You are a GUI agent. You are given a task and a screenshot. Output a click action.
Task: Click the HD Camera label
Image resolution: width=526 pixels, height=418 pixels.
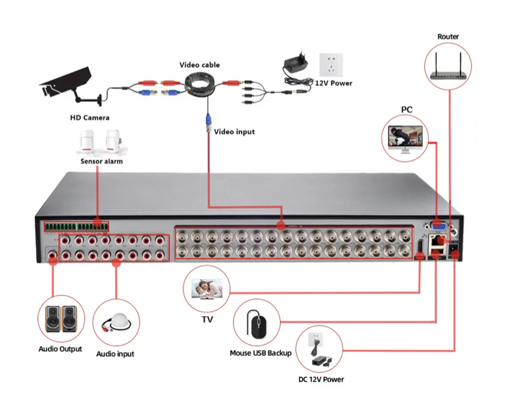pyautogui.click(x=89, y=117)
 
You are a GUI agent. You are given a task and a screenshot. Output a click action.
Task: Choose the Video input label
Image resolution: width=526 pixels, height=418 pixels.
pyautogui.click(x=234, y=132)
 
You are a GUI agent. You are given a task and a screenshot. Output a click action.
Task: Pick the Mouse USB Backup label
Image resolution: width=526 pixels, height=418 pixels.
pyautogui.click(x=260, y=353)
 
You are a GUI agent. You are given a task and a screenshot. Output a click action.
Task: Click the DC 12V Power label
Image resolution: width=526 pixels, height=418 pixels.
pyautogui.click(x=321, y=380)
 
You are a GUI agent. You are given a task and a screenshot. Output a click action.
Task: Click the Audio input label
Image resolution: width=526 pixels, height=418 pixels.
pyautogui.click(x=115, y=354)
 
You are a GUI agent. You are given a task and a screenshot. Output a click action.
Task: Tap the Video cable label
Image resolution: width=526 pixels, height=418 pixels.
pyautogui.click(x=200, y=65)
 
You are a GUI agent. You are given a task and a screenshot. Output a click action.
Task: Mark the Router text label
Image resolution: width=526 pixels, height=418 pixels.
pyautogui.click(x=448, y=37)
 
